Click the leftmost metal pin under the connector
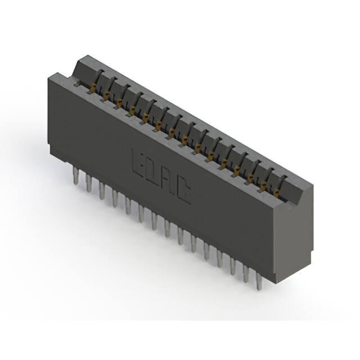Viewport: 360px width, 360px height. (x=75, y=175)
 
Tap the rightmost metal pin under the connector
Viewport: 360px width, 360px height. (x=259, y=281)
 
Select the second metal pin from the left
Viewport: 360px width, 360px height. (x=89, y=183)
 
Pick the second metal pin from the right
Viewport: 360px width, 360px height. (x=246, y=273)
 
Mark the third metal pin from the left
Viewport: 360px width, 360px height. (x=102, y=191)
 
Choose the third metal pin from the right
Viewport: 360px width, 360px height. (x=233, y=266)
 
